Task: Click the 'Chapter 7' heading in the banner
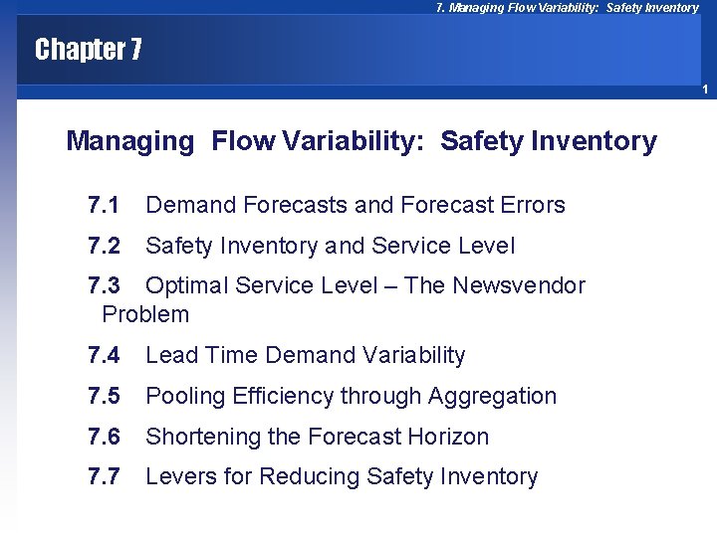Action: point(88,50)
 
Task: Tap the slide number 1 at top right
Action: point(704,90)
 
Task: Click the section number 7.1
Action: point(104,205)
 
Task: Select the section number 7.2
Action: point(104,246)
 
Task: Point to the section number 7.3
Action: point(104,286)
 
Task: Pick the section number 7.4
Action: point(104,355)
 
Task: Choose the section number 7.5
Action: point(104,396)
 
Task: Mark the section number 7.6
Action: point(104,437)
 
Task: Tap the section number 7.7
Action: point(104,477)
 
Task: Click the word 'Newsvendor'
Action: point(519,286)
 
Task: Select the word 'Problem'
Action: point(145,315)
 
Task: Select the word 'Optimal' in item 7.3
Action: point(186,286)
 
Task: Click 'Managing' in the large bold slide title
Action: point(129,142)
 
